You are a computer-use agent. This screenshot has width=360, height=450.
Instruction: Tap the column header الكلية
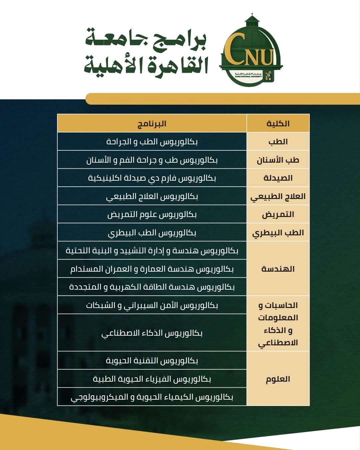click(278, 124)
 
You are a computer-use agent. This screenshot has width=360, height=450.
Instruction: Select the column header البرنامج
click(152, 124)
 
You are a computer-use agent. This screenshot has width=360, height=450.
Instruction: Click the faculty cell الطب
click(278, 142)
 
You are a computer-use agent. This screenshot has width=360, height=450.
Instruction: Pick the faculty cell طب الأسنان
click(278, 160)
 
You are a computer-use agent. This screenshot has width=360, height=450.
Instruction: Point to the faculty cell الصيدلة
click(278, 178)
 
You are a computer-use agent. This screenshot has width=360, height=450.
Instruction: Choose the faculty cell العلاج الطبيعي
click(278, 196)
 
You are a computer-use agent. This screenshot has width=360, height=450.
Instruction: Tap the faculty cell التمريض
click(278, 214)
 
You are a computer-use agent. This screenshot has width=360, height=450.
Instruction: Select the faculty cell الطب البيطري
click(278, 233)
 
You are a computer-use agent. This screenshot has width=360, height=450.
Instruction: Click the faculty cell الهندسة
click(278, 269)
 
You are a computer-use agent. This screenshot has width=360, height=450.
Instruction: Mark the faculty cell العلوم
click(278, 379)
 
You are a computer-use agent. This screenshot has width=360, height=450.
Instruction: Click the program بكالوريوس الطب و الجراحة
click(152, 142)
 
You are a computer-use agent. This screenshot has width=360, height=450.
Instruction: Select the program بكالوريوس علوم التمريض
click(152, 214)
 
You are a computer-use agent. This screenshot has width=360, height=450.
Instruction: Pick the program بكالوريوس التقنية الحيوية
click(152, 361)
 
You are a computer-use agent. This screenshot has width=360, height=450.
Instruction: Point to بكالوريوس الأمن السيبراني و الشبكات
click(152, 305)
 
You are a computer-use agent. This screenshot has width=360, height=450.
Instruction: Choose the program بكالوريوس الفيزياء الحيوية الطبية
click(152, 379)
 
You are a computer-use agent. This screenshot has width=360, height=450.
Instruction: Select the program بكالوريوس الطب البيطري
click(152, 233)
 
